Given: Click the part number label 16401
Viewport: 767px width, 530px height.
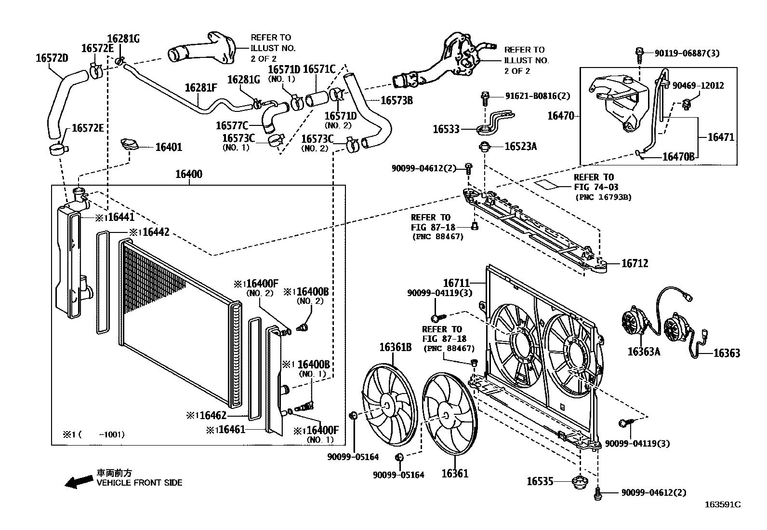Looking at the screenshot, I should click(x=169, y=147).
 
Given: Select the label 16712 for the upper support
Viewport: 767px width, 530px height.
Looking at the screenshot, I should click(x=635, y=264).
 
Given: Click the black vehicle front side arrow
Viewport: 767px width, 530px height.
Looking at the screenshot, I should click(x=79, y=481).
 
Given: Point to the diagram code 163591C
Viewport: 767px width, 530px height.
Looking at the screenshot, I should click(x=722, y=505).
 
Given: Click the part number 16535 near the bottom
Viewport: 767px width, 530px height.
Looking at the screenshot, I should click(x=540, y=481).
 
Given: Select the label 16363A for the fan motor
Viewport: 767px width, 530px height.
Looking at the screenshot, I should click(x=643, y=352).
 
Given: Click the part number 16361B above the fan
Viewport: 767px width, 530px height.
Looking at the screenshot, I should click(x=395, y=347).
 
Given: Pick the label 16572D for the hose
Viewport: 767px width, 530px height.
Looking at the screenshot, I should click(x=52, y=58).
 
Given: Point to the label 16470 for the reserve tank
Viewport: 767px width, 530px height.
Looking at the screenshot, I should click(x=561, y=116).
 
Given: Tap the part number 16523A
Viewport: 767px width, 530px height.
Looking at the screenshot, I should click(x=520, y=147).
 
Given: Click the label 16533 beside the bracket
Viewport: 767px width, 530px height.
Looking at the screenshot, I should click(x=446, y=129).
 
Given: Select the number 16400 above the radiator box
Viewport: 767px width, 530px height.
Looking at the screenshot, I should click(x=188, y=174).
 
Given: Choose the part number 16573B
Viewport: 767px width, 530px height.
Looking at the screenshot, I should click(x=397, y=100).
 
